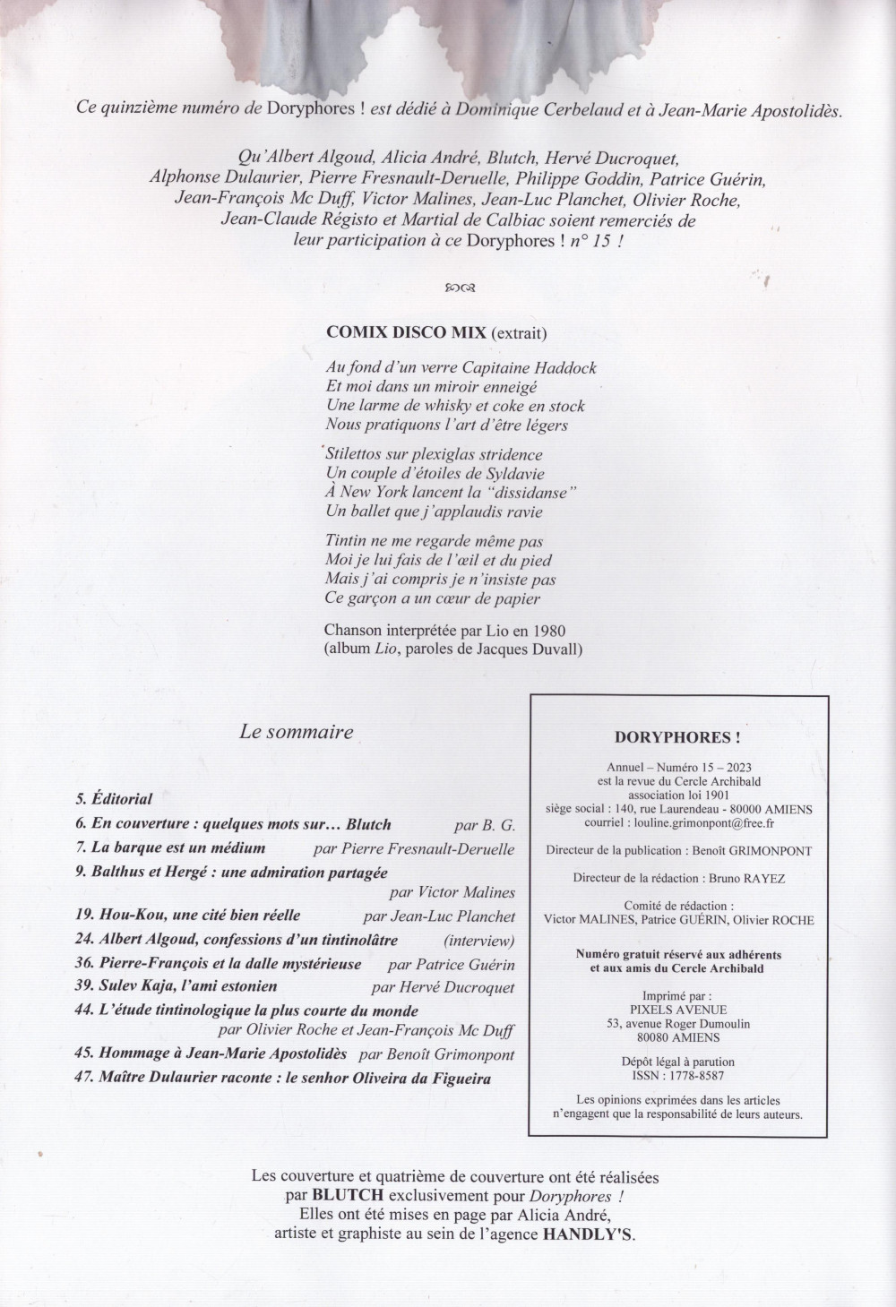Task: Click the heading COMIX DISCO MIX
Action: (x=406, y=331)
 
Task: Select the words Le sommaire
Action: (x=297, y=732)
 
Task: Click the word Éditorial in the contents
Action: (x=123, y=799)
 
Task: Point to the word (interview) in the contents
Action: (x=479, y=941)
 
